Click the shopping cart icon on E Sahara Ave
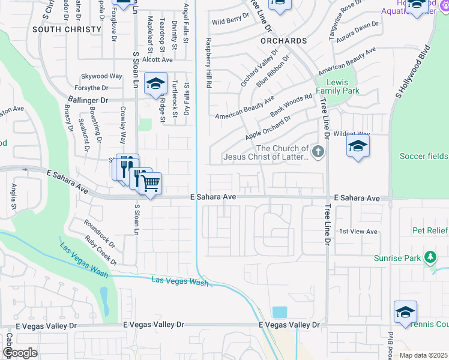151,182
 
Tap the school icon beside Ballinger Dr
155,84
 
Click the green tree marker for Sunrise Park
430,257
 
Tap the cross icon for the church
318,152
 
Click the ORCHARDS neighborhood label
284,41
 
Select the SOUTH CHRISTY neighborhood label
67,29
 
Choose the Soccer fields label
424,157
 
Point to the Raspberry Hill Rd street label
209,64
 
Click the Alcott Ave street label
157,59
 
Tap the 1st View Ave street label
358,232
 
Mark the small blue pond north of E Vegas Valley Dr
279,312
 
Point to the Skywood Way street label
102,76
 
